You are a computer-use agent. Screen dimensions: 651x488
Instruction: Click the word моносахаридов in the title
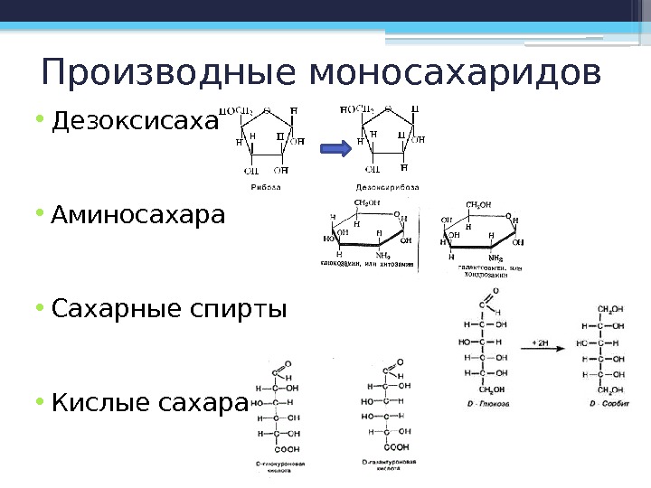click(455, 72)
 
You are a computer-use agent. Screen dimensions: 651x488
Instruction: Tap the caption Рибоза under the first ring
click(265, 187)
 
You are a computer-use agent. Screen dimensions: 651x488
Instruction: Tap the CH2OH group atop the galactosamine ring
click(478, 205)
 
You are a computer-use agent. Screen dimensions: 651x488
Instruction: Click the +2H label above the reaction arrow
click(541, 343)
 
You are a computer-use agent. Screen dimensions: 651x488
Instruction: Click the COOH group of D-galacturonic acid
click(396, 446)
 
